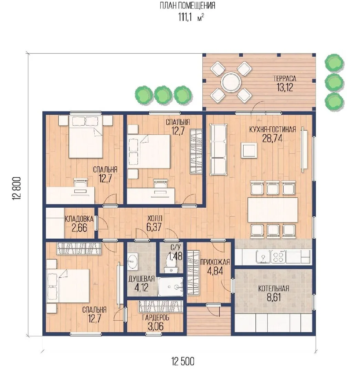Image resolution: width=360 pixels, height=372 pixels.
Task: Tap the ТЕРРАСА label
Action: tap(285, 79)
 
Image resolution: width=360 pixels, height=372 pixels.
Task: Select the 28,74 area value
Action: tap(272, 138)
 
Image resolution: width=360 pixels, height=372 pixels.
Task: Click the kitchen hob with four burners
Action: tap(278, 257)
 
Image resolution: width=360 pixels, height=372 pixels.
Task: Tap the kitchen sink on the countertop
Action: tap(263, 257)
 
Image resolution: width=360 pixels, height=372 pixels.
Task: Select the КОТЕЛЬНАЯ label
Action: tap(274, 289)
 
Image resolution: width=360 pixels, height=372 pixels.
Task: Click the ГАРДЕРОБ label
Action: tap(156, 318)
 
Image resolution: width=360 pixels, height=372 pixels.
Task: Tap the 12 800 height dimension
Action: tap(17, 188)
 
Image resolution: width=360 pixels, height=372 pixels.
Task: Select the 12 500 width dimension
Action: tap(183, 361)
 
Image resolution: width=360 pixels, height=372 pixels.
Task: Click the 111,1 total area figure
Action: tap(185, 17)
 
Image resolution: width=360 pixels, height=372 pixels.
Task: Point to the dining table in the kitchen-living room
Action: tap(273, 210)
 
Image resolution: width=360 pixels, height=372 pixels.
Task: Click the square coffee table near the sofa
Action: tap(249, 150)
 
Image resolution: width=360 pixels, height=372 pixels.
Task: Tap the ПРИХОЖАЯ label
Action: tap(215, 262)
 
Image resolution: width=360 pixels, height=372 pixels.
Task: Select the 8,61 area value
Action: tap(274, 297)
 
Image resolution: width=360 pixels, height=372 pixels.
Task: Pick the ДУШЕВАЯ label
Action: tap(141, 279)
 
